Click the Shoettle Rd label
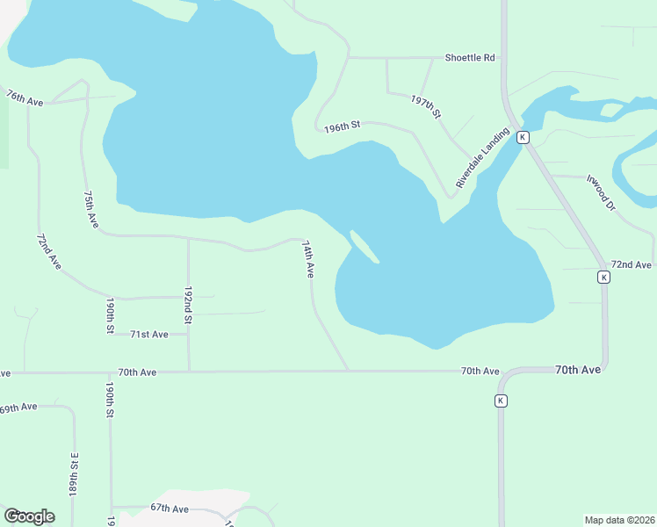click(x=470, y=58)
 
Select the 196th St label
click(x=342, y=126)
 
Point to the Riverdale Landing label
click(x=482, y=158)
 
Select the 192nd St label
click(x=188, y=304)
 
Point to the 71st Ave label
click(x=148, y=335)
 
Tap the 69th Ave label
click(x=18, y=408)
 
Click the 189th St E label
click(x=75, y=475)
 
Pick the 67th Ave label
click(x=170, y=509)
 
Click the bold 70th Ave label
click(x=578, y=370)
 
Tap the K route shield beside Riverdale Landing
click(x=523, y=137)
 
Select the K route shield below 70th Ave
click(x=501, y=401)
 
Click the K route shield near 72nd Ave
click(x=603, y=277)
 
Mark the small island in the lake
click(x=365, y=247)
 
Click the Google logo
click(x=29, y=516)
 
